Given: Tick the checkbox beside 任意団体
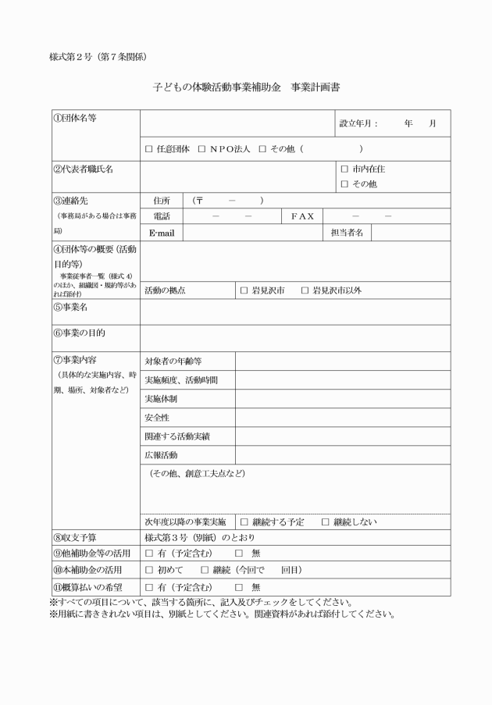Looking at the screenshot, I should click(x=149, y=148).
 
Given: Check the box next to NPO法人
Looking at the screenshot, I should click(x=201, y=148).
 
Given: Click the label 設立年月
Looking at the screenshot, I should click(x=358, y=123).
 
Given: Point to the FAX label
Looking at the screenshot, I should click(x=302, y=216).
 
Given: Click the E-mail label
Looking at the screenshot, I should click(x=160, y=233).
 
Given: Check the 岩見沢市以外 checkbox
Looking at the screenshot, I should click(x=306, y=290).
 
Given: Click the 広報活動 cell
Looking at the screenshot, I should click(x=162, y=455).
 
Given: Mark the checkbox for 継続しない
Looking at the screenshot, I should click(x=326, y=522).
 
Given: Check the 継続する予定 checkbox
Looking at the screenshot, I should click(x=244, y=522).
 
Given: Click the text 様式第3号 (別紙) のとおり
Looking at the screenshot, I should click(x=199, y=538).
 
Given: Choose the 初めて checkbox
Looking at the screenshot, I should click(x=149, y=570).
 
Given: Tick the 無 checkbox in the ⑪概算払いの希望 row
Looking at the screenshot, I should click(x=239, y=586).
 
